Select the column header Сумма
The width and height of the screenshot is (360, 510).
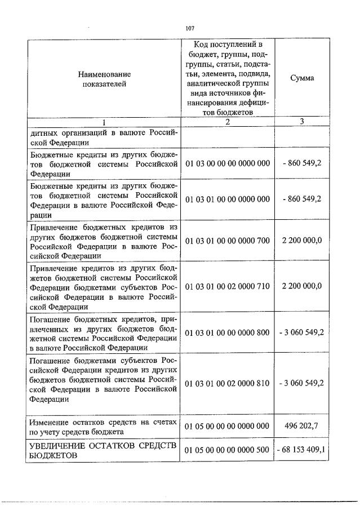pos(302,78)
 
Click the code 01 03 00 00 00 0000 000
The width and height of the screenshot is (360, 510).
pos(228,163)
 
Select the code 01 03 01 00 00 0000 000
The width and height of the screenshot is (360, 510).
pos(228,199)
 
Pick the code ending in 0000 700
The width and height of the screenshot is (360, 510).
pos(228,241)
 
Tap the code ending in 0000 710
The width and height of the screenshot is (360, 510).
pos(228,286)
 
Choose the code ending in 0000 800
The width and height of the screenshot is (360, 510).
pos(228,333)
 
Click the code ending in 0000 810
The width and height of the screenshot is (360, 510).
pos(228,383)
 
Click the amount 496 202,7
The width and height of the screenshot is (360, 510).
pos(302,427)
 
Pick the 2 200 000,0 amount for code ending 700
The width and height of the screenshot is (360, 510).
pos(302,241)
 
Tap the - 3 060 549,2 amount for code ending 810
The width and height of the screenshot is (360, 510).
pos(302,383)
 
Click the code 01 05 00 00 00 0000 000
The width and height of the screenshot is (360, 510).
pos(228,427)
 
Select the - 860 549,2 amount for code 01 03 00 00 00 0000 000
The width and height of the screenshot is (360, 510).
pos(302,163)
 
